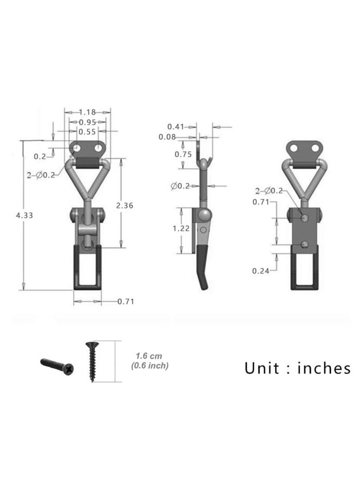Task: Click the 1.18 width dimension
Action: click(87, 112)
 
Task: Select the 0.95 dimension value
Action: click(87, 122)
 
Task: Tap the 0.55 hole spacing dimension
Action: click(87, 132)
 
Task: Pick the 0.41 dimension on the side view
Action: click(176, 127)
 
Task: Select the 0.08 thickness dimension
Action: click(167, 137)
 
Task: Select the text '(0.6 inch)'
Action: click(150, 366)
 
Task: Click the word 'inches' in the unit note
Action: click(324, 368)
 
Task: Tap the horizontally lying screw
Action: click(58, 365)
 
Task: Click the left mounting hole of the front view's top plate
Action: click(78, 147)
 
